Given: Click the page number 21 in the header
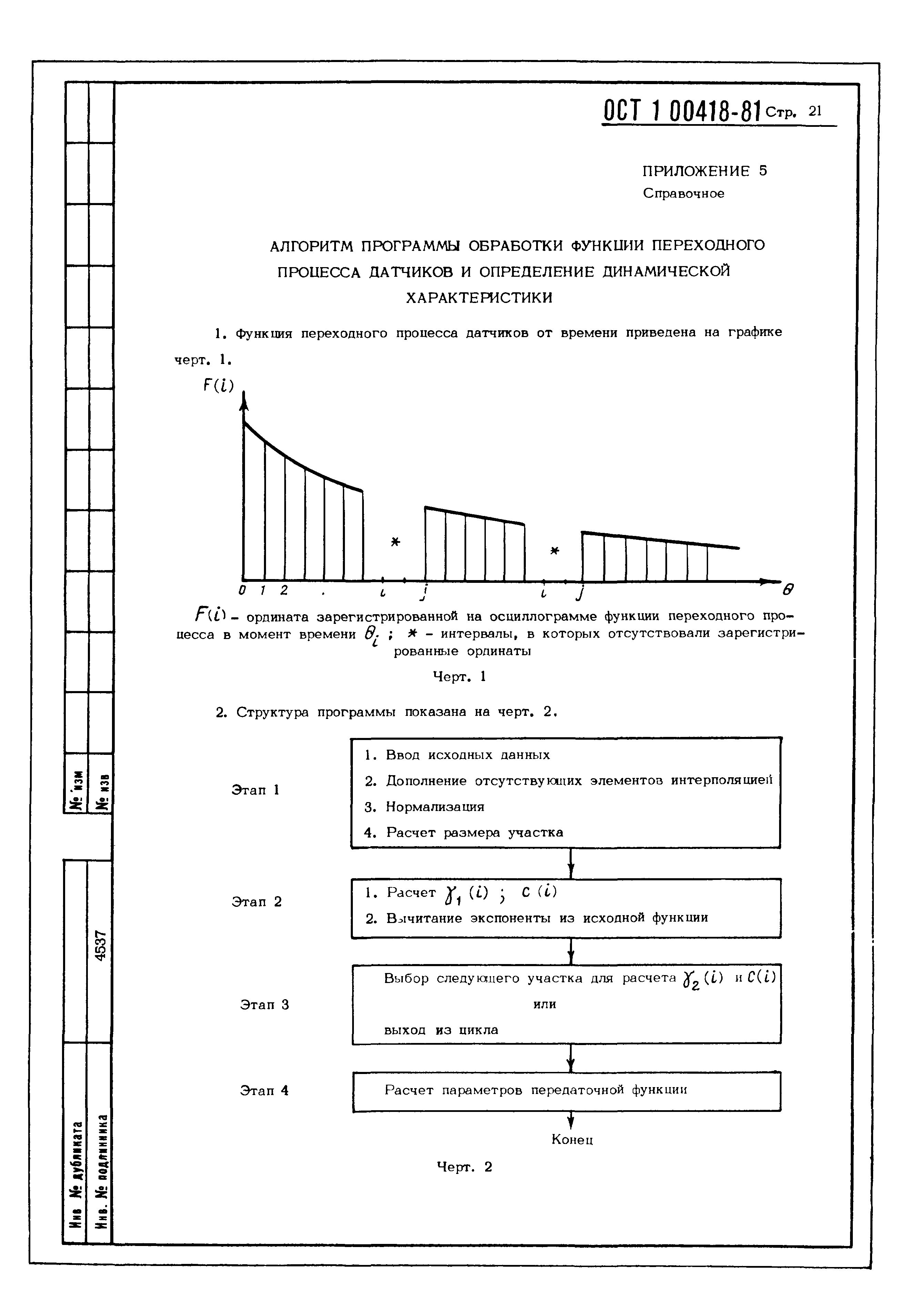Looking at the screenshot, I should click(815, 111).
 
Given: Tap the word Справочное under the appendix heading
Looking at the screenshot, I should click(683, 194).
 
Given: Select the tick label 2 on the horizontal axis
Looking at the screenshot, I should click(284, 590).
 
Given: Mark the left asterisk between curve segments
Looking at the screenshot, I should click(396, 542).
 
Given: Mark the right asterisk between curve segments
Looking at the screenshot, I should click(555, 550).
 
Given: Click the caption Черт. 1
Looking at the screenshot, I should click(459, 677).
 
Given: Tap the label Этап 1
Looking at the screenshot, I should click(255, 790).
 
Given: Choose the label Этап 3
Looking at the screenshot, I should click(264, 1004).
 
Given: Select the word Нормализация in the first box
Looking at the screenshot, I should click(434, 807).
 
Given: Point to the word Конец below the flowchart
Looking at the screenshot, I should click(572, 1140).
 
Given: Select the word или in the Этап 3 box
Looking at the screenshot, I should click(544, 1004).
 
